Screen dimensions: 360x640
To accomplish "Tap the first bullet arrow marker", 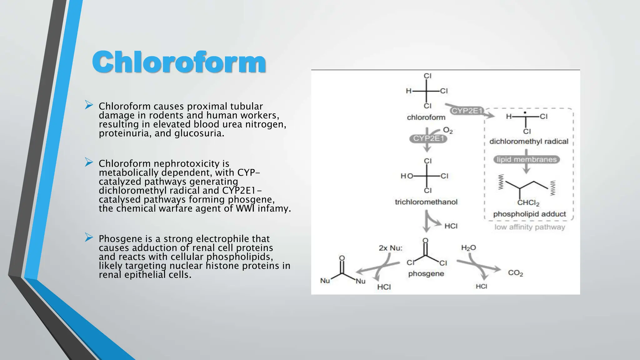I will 89,105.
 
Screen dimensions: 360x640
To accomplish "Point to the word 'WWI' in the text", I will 246,208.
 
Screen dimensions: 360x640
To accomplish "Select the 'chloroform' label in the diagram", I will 426,117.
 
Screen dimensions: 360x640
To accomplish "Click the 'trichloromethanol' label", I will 426,202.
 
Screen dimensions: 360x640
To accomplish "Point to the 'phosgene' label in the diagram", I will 426,274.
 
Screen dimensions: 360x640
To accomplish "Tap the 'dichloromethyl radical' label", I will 529,142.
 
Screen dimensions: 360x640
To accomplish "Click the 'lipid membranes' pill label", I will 527,160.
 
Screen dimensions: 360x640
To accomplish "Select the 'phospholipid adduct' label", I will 529,214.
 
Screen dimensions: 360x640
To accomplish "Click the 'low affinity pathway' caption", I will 530,227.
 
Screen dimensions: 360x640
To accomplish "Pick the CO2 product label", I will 515,273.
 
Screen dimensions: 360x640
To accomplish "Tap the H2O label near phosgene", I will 468,248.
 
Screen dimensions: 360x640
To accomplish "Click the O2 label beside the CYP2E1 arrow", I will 448,130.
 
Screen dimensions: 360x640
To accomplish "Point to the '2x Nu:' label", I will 391,248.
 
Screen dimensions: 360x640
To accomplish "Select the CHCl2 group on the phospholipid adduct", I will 528,203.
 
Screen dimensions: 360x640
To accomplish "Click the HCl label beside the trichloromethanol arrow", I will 451,226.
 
